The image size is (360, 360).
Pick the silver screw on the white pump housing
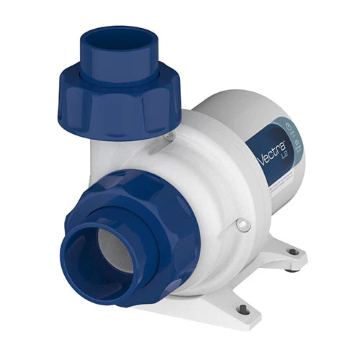[x=240, y=225]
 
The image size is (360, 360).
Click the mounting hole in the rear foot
[x=292, y=251]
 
